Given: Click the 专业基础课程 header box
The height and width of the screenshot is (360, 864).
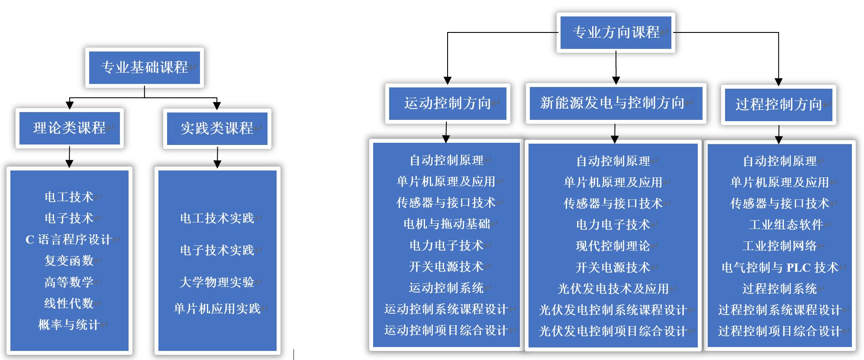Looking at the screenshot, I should (x=145, y=67).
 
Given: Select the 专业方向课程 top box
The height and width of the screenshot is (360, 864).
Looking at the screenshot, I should (x=616, y=32).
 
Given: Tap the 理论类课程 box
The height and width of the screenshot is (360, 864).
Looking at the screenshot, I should (x=70, y=128).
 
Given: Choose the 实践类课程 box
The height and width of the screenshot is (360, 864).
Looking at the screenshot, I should (x=217, y=129).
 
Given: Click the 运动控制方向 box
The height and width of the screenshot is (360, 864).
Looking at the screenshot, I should (x=448, y=103).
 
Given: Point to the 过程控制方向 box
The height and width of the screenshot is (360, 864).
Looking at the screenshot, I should (x=778, y=104).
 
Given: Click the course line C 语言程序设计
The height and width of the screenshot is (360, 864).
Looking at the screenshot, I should (x=69, y=239).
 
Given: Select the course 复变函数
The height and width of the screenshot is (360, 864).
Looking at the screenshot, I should (x=69, y=260).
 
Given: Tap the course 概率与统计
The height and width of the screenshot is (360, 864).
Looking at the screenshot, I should (x=69, y=325).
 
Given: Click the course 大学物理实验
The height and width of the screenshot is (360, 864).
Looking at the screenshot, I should (x=217, y=282).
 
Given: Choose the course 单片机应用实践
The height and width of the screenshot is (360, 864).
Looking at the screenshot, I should (x=217, y=309).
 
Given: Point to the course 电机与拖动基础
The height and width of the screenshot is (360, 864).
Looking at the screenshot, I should (x=446, y=224).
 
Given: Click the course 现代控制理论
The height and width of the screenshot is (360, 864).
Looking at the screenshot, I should (x=613, y=246).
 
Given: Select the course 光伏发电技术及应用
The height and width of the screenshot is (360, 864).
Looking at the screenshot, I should (x=613, y=289).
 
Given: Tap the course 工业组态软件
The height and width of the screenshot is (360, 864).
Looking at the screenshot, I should (x=786, y=225).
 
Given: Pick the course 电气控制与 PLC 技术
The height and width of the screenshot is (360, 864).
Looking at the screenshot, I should (x=780, y=267).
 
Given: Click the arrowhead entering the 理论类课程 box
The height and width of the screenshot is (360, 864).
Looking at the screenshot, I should (x=70, y=105).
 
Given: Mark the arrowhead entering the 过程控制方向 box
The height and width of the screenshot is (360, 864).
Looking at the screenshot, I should (x=778, y=82).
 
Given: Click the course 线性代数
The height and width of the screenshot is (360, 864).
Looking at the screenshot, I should (x=69, y=303).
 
